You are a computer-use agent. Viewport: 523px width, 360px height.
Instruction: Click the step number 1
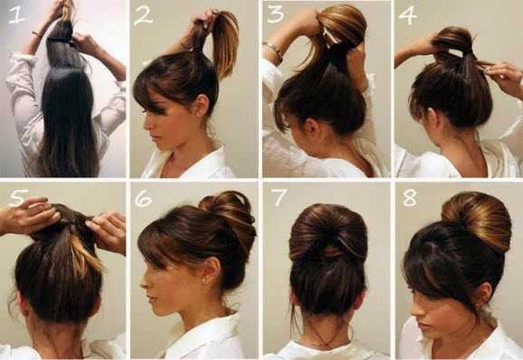(16, 14)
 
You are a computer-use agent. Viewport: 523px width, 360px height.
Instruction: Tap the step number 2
(144, 17)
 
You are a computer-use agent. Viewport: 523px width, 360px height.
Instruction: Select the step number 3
(275, 14)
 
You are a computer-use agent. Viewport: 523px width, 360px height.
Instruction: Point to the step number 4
(407, 15)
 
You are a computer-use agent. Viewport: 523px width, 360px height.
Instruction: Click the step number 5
(16, 197)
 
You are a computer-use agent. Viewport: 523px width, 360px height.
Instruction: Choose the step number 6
(144, 199)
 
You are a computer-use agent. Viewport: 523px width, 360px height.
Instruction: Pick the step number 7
(279, 197)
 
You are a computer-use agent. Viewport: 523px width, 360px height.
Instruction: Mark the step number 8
(410, 198)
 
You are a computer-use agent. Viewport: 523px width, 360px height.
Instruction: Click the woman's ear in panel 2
(202, 105)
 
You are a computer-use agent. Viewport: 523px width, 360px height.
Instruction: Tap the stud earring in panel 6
(204, 279)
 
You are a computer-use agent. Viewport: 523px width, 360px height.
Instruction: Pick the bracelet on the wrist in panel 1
(36, 33)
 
